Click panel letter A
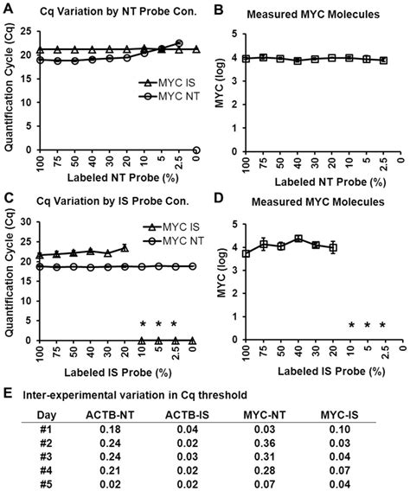coord(7,8)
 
